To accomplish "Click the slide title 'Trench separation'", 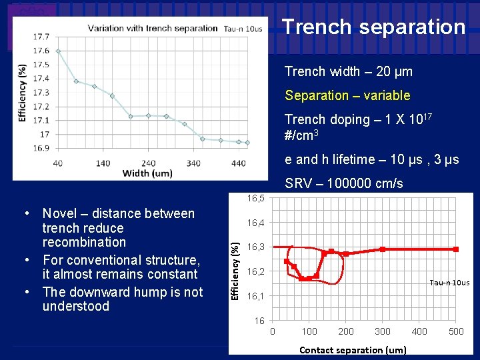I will tap(373, 27).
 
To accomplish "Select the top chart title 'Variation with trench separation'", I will tap(153, 28).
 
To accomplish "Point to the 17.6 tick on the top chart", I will tap(41, 51).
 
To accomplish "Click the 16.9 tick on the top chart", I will tap(41, 148).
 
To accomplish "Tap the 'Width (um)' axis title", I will tap(147, 173).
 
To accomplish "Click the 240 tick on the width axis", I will tap(148, 163).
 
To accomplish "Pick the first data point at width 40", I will tap(58, 51).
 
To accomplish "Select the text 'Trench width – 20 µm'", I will tap(348, 71).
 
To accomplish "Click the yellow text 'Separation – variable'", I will tap(347, 95).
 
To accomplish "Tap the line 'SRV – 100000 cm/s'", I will tap(343, 183).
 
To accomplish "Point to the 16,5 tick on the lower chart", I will tap(255, 198).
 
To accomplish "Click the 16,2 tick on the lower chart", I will tap(255, 271).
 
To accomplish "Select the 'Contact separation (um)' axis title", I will tap(353, 349).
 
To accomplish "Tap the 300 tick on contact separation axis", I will tap(382, 331).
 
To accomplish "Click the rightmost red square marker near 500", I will tap(456, 249).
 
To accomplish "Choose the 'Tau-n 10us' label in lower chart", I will tap(449, 283).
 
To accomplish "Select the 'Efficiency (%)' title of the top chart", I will tap(23, 93).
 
